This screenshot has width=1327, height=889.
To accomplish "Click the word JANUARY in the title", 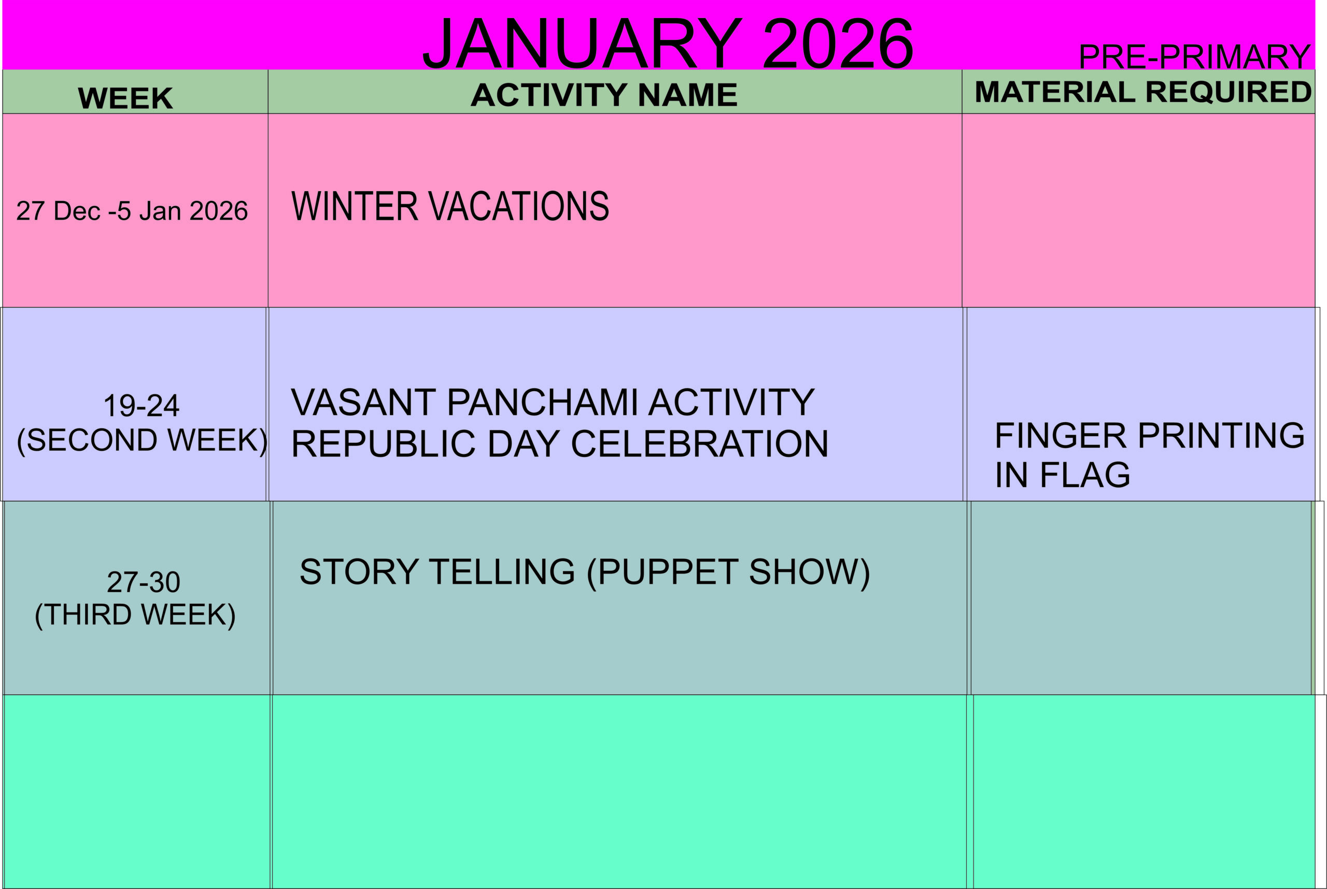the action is point(582,43).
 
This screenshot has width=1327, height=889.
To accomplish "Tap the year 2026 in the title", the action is point(839,43).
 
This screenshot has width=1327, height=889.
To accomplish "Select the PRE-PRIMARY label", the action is point(1194,56).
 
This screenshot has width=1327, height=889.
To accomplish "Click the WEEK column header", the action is point(125,98).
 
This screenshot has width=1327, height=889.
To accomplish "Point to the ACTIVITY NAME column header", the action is point(604,95).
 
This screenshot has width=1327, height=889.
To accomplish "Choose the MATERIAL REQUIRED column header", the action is point(1142,92).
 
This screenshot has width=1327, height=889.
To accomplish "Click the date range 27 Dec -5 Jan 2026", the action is point(132,211).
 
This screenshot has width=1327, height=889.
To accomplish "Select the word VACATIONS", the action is point(518,206).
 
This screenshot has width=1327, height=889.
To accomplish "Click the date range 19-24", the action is point(142,406).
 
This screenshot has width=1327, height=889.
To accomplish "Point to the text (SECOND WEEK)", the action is point(142,440).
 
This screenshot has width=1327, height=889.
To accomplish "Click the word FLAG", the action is point(1085,475).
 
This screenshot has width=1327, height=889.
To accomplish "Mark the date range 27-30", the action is point(144,582).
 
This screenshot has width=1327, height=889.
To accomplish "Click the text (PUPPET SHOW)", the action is point(728,572).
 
